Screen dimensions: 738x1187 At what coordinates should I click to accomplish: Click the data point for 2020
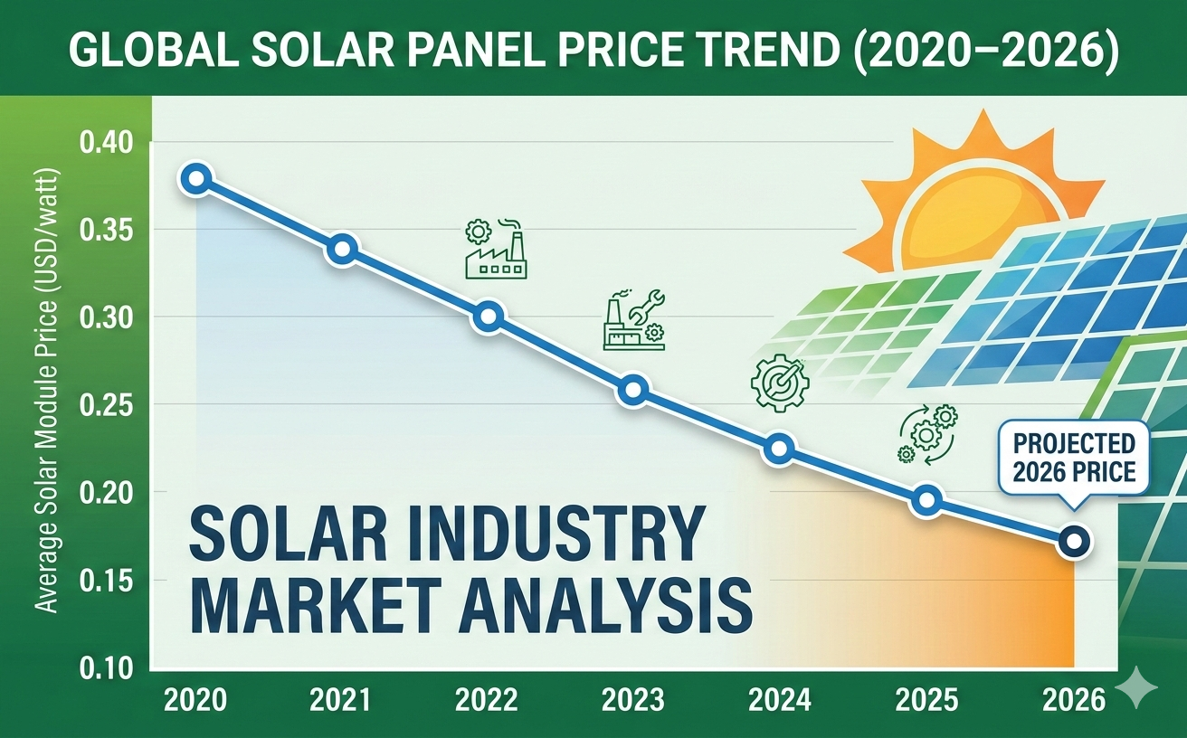(x=196, y=178)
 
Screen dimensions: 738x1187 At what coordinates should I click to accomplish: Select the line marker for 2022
(x=488, y=316)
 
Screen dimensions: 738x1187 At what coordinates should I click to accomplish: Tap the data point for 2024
(x=780, y=449)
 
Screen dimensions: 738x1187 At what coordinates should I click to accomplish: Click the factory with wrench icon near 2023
(x=633, y=320)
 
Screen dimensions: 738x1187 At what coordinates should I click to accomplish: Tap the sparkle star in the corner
(x=1136, y=691)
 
